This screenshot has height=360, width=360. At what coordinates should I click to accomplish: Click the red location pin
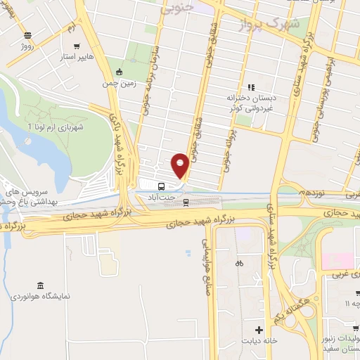(x=180, y=165)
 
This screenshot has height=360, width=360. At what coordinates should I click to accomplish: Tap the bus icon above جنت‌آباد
(x=162, y=186)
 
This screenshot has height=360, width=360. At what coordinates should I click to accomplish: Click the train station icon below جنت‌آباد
(x=186, y=202)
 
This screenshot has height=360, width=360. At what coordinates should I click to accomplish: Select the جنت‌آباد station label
(x=162, y=198)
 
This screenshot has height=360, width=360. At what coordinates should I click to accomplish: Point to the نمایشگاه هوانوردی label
(x=39, y=297)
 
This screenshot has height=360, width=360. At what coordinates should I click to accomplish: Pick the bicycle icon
(x=239, y=264)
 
